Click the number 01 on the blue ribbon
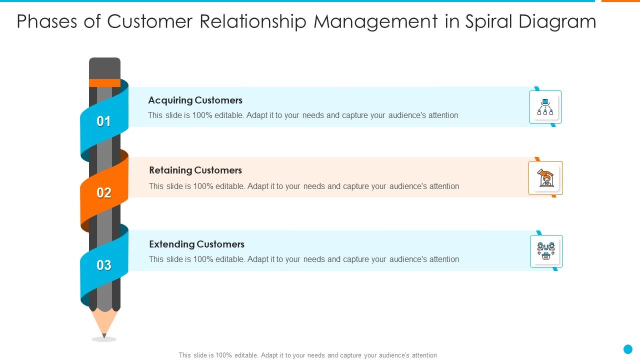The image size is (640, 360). [103, 121]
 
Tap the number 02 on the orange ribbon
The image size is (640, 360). [104, 193]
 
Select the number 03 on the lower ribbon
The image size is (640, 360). [104, 265]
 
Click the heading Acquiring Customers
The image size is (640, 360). [195, 100]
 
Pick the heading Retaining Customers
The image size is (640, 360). [195, 170]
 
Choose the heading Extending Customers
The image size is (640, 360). [196, 244]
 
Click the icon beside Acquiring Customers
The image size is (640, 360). [545, 106]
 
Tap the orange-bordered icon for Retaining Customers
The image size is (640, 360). [545, 178]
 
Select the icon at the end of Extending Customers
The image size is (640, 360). [546, 251]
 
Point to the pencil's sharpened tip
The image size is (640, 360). [104, 335]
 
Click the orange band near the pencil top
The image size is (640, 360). [104, 82]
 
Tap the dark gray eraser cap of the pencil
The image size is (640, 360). [104, 68]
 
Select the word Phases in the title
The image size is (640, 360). [47, 21]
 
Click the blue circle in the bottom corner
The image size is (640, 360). [628, 349]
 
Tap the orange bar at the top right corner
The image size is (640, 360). [620, 1]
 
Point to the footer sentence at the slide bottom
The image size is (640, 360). [307, 355]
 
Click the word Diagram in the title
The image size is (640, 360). [557, 21]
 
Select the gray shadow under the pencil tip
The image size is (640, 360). [104, 339]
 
